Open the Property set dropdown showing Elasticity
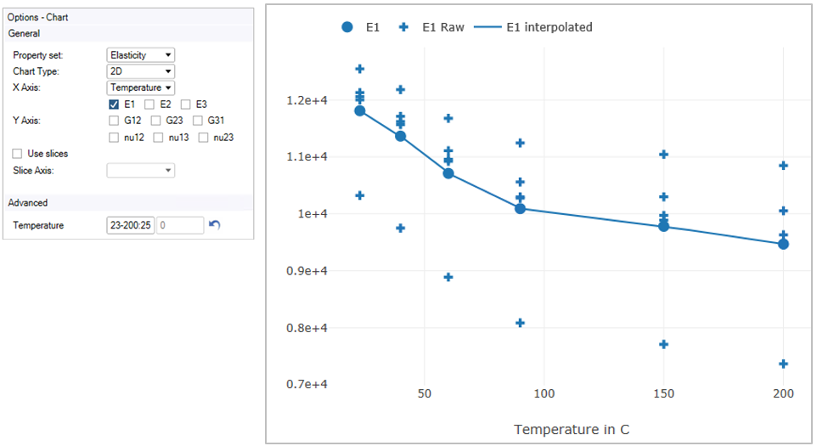[140, 55]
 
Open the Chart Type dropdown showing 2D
[140, 71]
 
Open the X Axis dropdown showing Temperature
[140, 88]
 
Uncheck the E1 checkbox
[114, 104]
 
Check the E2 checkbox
[149, 104]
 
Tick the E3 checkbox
[185, 104]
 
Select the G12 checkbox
[114, 121]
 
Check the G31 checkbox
[197, 121]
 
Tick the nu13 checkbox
[158, 137]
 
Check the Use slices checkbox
[18, 154]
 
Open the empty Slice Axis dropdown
[140, 171]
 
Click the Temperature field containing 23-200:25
[131, 225]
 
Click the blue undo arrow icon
[214, 225]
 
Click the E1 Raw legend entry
[433, 27]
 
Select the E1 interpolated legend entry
[534, 27]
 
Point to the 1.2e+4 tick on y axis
[306, 100]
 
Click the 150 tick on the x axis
[663, 394]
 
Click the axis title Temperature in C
[572, 429]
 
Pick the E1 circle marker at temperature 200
[783, 244]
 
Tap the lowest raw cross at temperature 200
[783, 364]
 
